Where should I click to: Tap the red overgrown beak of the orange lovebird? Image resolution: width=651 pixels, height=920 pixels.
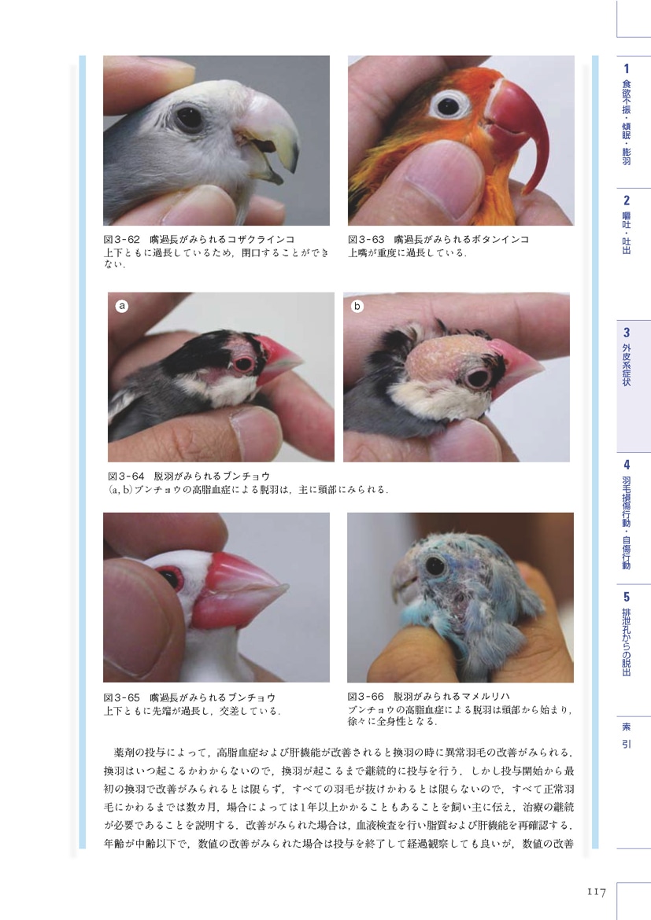click(x=519, y=117)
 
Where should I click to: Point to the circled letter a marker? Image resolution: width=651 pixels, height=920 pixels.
click(x=122, y=306)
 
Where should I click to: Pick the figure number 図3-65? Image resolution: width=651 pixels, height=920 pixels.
click(x=121, y=697)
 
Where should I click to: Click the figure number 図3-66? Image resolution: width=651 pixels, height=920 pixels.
click(x=365, y=697)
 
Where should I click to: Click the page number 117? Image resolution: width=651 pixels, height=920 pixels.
click(x=595, y=892)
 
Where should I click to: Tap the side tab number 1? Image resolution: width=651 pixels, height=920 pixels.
click(x=627, y=68)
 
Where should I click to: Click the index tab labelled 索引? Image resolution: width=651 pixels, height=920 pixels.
click(x=626, y=734)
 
